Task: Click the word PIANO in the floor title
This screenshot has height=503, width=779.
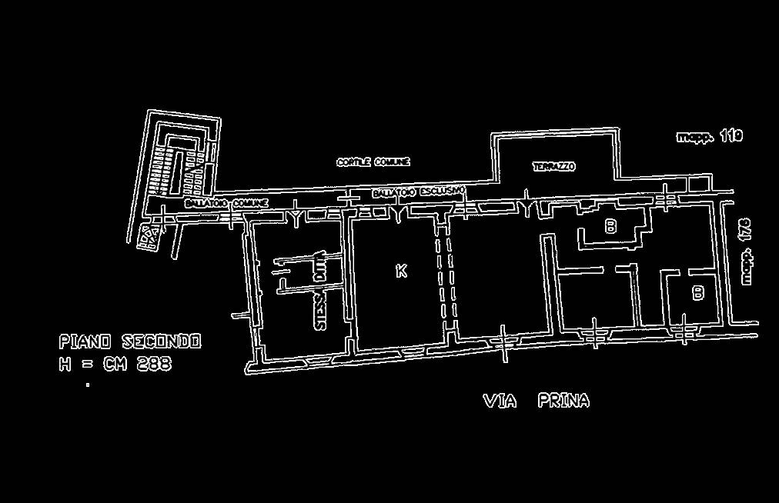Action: tap(85, 341)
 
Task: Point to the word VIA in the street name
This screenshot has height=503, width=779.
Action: tap(500, 401)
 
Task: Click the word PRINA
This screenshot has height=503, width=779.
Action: tap(563, 401)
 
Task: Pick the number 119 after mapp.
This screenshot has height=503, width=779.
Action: tap(731, 136)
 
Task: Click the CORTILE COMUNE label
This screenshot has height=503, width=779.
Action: tap(373, 162)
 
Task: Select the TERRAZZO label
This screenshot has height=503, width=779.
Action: tap(553, 166)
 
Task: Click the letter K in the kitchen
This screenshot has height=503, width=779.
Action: tap(400, 271)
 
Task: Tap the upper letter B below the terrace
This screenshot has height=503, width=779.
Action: tap(610, 226)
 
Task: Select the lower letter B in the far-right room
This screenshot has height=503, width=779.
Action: tap(697, 293)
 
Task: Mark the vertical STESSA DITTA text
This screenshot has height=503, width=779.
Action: tap(321, 291)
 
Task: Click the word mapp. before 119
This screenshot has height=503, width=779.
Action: tap(694, 137)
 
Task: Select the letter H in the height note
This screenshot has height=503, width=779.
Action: tap(65, 364)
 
